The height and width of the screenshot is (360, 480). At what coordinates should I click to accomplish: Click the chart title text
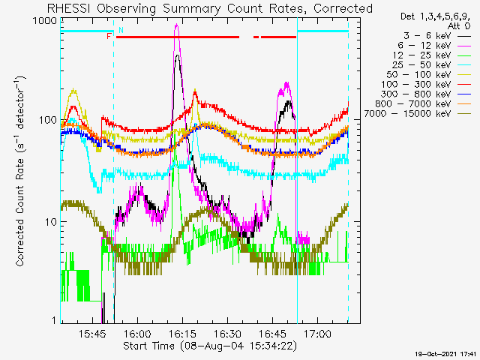[x=210, y=8]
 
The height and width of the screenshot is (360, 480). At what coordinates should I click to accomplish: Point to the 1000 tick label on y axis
[x=45, y=21]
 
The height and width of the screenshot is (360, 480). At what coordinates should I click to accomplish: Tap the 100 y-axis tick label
[x=48, y=120]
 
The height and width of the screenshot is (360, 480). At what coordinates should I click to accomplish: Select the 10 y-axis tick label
[x=51, y=222]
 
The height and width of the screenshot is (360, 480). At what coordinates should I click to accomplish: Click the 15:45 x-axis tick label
[x=92, y=333]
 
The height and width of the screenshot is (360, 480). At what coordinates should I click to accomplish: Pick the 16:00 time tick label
[x=137, y=333]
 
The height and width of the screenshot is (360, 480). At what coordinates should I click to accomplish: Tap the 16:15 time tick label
[x=182, y=333]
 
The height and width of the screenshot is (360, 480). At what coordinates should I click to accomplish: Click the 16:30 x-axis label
[x=227, y=333]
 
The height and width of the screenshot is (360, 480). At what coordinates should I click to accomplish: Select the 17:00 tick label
[x=317, y=333]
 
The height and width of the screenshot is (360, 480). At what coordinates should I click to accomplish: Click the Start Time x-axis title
[x=210, y=346]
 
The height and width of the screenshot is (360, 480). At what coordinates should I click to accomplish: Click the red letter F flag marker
[x=109, y=37]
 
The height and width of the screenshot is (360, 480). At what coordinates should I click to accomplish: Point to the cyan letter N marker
[x=121, y=30]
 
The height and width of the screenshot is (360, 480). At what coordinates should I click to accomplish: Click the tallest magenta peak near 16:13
[x=176, y=25]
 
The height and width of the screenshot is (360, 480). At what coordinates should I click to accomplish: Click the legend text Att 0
[x=458, y=26]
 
